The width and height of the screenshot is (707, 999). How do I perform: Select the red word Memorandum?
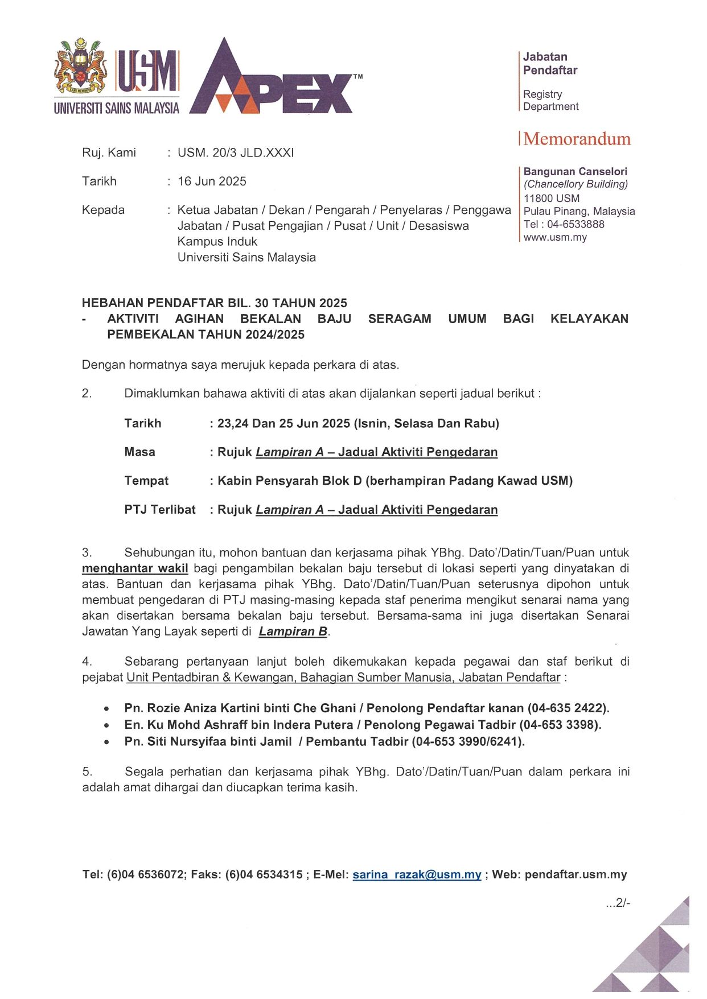point(577,139)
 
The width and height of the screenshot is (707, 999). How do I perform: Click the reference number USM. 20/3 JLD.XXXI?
point(236,152)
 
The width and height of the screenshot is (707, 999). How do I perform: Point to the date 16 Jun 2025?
point(212,181)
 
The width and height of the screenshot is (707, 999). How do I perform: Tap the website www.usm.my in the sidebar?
point(555,237)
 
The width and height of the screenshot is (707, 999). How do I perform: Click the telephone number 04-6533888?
point(576,224)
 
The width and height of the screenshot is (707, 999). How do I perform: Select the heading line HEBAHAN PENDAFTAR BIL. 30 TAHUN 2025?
point(215,303)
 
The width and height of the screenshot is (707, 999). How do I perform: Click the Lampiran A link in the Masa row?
point(289,452)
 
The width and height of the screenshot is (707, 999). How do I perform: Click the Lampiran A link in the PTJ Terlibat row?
point(289,510)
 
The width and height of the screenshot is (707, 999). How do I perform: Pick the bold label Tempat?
point(146,481)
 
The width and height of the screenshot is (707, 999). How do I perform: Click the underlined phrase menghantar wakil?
point(135,568)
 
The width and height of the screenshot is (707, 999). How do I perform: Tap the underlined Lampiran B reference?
point(293,631)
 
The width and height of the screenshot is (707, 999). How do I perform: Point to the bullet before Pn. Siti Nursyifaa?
point(106,742)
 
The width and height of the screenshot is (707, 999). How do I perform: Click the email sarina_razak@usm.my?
point(417,875)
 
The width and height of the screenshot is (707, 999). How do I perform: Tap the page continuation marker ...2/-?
point(618,903)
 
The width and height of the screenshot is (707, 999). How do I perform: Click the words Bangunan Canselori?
point(575,171)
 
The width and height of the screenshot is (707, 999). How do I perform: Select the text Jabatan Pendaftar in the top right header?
point(550,63)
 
